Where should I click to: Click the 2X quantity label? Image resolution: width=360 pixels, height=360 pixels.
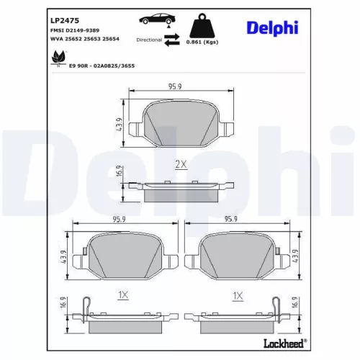point(181,164)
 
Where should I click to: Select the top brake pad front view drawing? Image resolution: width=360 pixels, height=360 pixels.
point(180,121)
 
